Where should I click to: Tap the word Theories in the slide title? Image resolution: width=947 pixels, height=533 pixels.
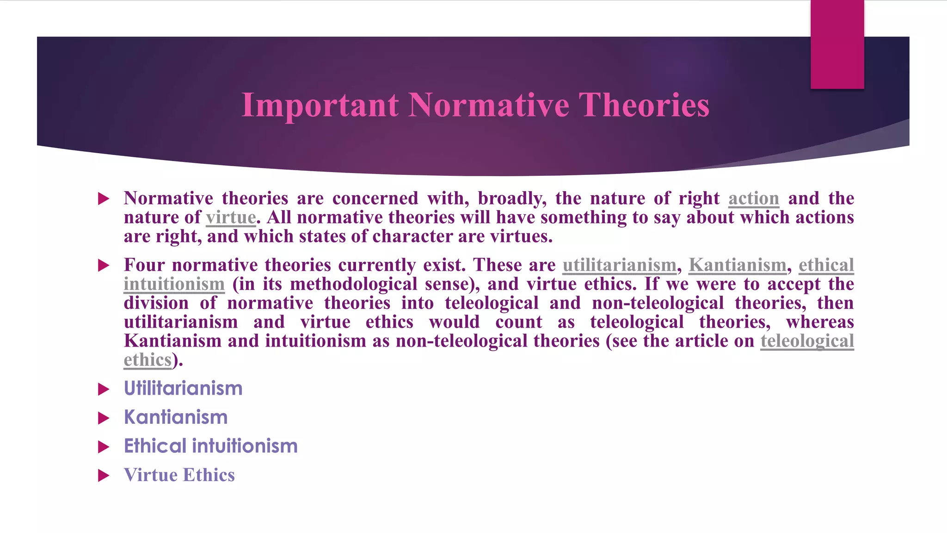click(644, 105)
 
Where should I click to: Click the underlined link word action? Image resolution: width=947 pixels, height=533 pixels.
click(753, 198)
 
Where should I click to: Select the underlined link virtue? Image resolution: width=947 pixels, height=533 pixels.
click(231, 217)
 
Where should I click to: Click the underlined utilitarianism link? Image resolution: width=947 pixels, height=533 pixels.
click(619, 265)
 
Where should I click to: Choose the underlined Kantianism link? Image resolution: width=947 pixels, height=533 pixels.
click(737, 265)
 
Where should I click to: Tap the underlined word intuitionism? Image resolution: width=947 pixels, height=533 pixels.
click(174, 284)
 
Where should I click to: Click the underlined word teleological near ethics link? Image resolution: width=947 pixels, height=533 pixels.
click(807, 341)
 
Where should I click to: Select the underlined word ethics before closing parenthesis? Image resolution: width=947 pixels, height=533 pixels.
click(148, 360)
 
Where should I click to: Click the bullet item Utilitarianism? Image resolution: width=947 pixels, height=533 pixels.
click(183, 389)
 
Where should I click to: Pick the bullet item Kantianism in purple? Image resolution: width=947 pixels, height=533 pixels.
click(176, 417)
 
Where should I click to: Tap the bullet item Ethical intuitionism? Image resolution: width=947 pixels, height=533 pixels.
click(210, 446)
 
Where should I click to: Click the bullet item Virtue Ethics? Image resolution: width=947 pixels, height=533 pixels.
click(179, 475)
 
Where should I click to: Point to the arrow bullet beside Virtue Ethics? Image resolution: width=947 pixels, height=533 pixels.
click(104, 476)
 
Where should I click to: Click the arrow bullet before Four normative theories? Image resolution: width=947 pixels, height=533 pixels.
click(104, 266)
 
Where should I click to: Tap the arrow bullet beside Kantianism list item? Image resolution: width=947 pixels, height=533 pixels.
click(104, 418)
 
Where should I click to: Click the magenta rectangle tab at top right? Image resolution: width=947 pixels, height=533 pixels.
click(837, 44)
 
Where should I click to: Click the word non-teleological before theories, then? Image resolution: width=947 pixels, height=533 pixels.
click(658, 303)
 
